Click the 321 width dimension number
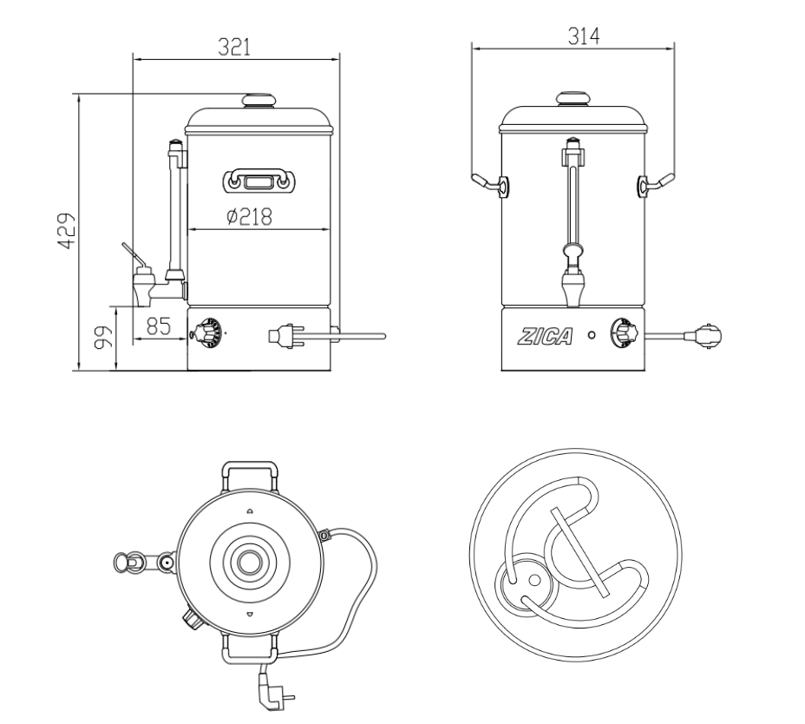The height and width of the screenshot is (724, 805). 234,48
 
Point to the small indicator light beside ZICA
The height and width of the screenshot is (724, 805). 592,335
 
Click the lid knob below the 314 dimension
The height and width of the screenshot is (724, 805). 572,98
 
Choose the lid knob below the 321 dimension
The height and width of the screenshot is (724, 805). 258,100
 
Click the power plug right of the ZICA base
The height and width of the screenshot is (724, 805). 704,334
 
